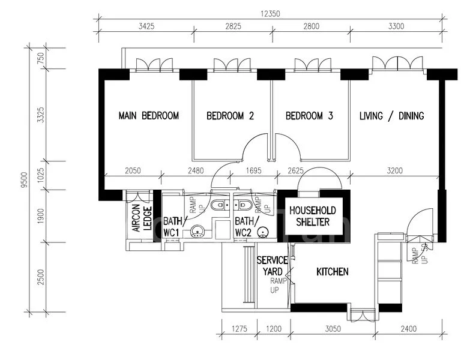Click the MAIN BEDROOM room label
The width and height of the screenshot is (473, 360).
click(149, 115)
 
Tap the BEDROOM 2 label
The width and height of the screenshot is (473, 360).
click(230, 115)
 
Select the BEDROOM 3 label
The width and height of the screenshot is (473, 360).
click(309, 115)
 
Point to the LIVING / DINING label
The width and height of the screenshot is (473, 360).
click(391, 115)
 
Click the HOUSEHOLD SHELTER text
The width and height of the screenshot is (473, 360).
click(313, 216)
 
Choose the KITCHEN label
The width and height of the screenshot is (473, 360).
click(333, 272)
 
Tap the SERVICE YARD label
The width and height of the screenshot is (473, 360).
click(273, 266)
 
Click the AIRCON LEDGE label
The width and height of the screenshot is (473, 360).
click(142, 218)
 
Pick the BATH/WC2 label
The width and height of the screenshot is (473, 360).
click(247, 227)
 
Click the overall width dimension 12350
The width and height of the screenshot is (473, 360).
click(270, 14)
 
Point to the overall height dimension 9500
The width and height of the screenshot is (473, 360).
click(24, 179)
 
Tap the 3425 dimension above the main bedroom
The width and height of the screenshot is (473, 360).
click(146, 26)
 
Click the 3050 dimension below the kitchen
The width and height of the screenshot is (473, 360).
click(333, 328)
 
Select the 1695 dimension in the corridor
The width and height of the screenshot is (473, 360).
click(253, 170)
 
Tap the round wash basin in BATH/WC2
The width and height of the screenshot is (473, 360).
click(263, 232)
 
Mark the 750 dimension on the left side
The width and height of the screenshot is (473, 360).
click(40, 58)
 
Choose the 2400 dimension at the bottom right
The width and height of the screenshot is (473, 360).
click(408, 328)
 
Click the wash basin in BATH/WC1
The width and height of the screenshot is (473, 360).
click(197, 232)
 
